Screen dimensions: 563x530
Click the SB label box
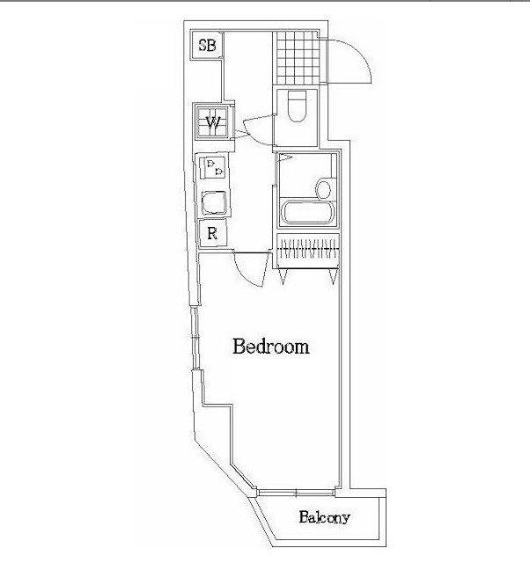point(208,46)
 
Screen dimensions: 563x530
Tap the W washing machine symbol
point(212,122)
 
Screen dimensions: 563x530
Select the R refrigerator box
point(212,234)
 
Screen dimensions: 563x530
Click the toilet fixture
point(297,106)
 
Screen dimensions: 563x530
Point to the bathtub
point(307,214)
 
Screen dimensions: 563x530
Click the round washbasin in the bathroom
point(323,188)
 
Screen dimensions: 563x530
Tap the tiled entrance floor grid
point(295,58)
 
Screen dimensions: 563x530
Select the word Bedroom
point(270,347)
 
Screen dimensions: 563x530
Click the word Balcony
point(323,517)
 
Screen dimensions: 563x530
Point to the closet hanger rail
point(307,248)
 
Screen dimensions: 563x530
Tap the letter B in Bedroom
point(239,347)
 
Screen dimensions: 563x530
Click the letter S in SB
point(202,46)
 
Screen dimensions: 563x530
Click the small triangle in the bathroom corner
point(284,159)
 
